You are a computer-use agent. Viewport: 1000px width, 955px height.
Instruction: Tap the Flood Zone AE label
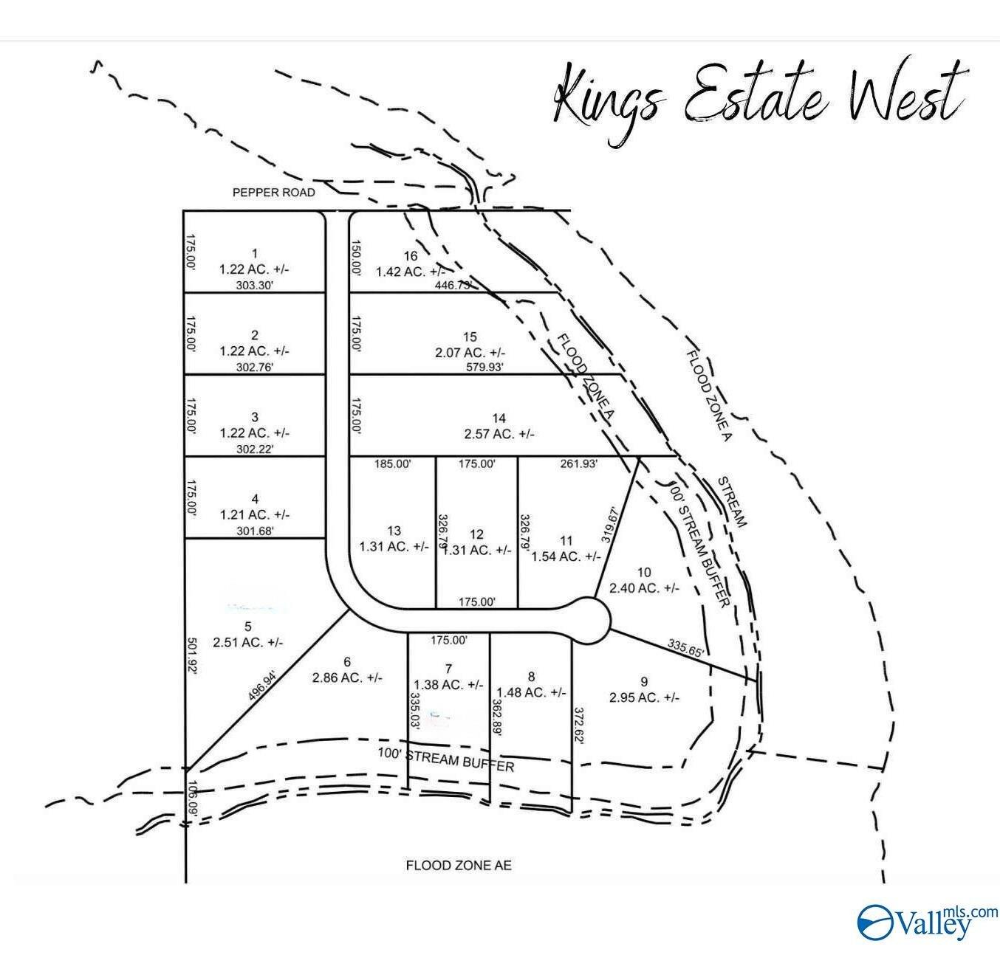click(x=459, y=865)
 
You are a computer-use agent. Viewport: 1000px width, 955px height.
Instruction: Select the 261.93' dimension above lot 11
click(x=578, y=464)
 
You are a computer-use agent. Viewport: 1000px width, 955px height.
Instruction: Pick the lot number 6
click(x=347, y=662)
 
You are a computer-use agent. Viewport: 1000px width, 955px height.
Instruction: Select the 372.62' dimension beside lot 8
click(x=580, y=728)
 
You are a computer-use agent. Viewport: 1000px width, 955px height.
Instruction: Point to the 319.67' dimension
click(x=610, y=524)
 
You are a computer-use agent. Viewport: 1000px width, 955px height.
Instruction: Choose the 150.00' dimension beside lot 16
click(x=356, y=258)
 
